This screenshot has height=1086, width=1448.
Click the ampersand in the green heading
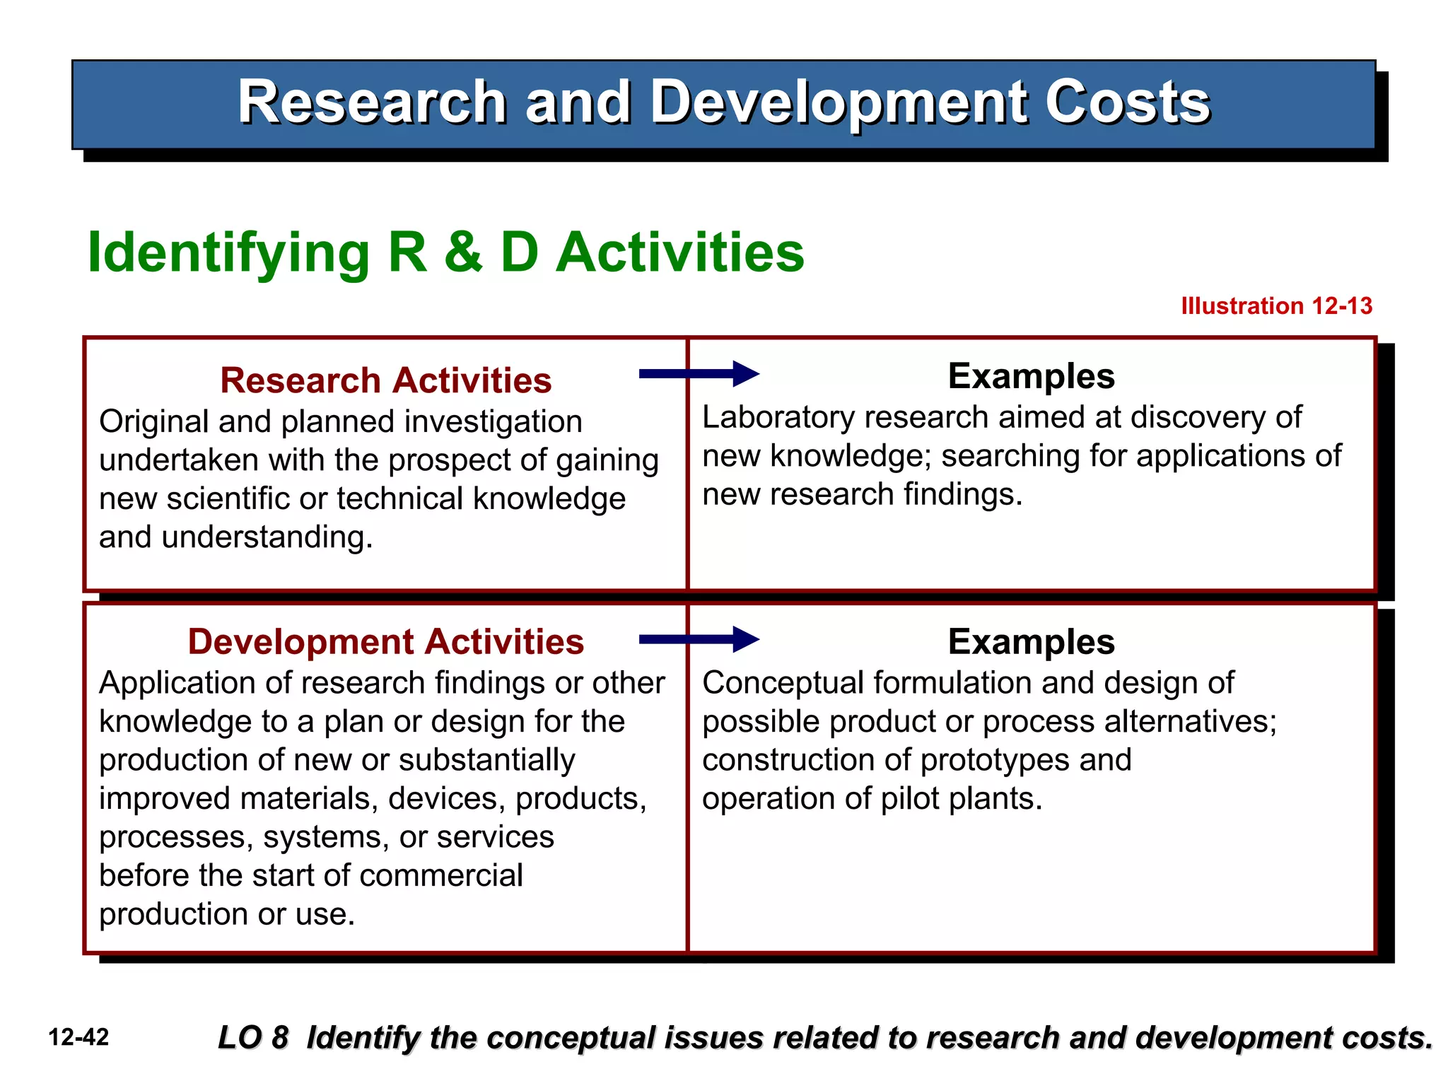pos(463,252)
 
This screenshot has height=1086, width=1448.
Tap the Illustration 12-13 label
pos(1276,306)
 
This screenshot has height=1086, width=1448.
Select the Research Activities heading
pos(385,380)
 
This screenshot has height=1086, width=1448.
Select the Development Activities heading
pos(385,642)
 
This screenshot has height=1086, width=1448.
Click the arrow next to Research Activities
pos(699,374)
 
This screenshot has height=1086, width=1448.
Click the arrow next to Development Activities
pos(699,639)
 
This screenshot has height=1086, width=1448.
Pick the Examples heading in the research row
pos(1031,376)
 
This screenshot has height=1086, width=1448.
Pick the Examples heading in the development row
pos(1031,642)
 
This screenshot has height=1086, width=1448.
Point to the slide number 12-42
pos(78,1037)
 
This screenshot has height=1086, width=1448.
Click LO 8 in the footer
pos(253,1038)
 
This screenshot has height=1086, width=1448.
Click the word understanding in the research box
pos(267,537)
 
